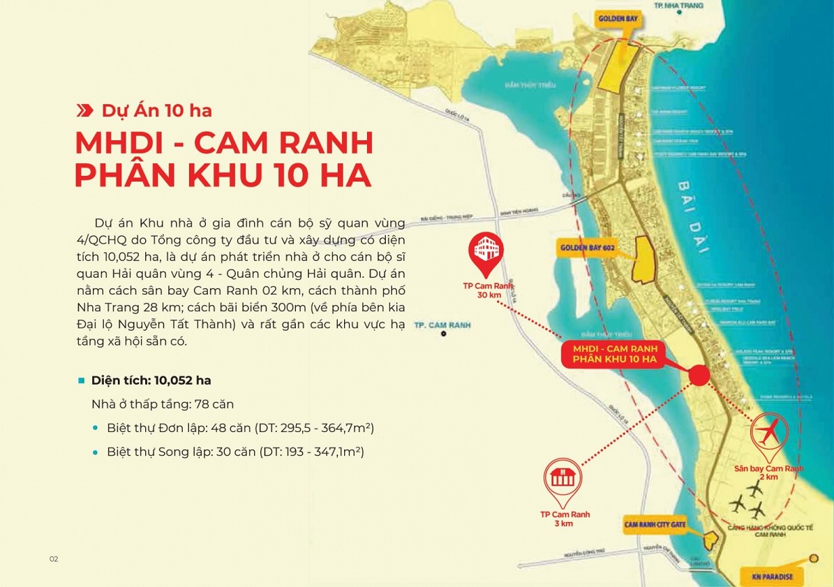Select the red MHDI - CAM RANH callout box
pos(614,352)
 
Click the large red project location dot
pos(699,376)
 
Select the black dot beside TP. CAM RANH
pos(443,334)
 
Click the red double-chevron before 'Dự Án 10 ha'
pos(84,110)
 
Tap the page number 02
pos(54,559)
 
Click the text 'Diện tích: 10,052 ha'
pos(151,380)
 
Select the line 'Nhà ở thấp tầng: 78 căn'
pos(162,404)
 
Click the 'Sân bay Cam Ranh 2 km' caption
pos(769,473)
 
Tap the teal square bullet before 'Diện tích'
pos(82,380)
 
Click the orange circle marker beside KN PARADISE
pos(814,558)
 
